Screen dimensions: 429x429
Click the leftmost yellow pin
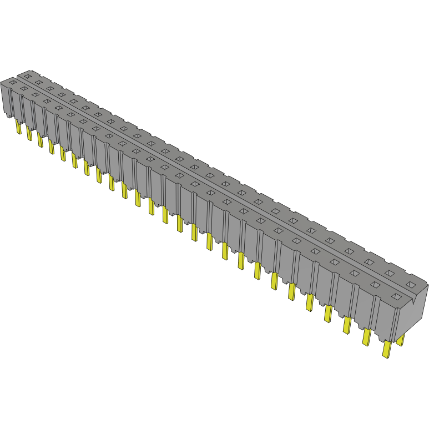(18, 128)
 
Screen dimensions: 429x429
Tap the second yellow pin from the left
(29, 133)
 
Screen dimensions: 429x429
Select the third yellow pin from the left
(40, 140)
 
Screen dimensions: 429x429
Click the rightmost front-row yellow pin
(387, 349)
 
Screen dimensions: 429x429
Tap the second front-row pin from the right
(366, 336)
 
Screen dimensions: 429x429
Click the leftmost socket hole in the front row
(13, 82)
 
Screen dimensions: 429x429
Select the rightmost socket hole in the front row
(396, 298)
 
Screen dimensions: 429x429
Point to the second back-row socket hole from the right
(390, 272)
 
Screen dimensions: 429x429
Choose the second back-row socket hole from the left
(38, 82)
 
